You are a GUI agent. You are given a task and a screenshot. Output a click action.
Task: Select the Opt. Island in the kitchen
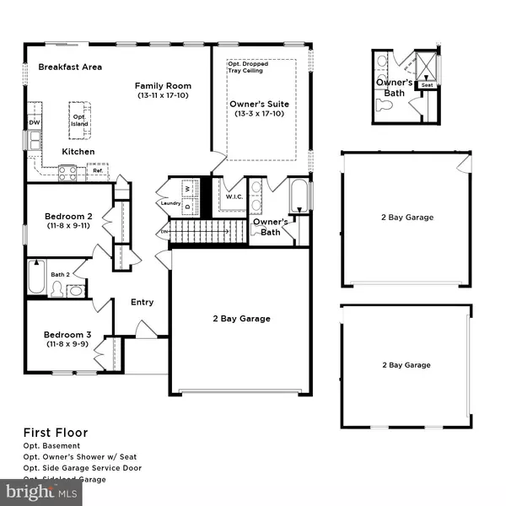pos(79,120)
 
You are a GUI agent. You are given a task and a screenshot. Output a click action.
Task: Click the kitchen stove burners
pos(67,172)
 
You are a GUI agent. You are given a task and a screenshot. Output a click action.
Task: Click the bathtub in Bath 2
pos(36,278)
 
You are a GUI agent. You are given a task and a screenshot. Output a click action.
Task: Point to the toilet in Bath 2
pos(57,289)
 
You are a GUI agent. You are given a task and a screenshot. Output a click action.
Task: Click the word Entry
pos(141,302)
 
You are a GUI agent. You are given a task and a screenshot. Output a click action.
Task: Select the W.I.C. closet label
pos(234,197)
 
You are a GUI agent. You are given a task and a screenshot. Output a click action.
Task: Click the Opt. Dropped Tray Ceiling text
pos(245,67)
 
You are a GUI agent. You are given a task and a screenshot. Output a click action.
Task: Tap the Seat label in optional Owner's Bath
pos(428,84)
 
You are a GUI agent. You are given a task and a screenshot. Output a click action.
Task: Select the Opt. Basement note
pos(51,445)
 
